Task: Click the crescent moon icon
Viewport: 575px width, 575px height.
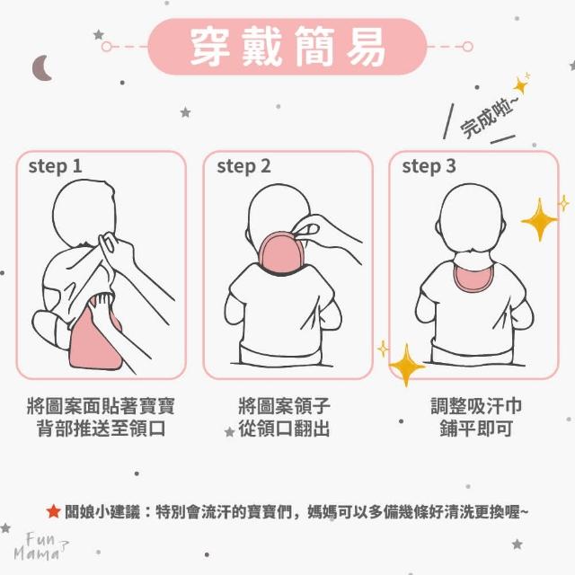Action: pyautogui.click(x=40, y=68)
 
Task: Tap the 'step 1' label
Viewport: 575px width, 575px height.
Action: pyautogui.click(x=55, y=166)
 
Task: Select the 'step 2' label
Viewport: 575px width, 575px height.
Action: pyautogui.click(x=243, y=166)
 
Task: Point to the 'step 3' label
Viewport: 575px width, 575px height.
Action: pyautogui.click(x=429, y=166)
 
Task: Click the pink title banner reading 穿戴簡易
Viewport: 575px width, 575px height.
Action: pyautogui.click(x=287, y=47)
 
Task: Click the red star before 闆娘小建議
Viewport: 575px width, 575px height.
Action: pyautogui.click(x=54, y=511)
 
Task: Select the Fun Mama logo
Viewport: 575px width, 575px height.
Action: pyautogui.click(x=40, y=546)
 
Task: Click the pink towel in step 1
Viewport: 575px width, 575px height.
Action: pyautogui.click(x=94, y=340)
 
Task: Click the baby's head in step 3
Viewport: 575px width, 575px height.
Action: pyautogui.click(x=471, y=218)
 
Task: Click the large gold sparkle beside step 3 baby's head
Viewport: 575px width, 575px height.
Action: pyautogui.click(x=539, y=220)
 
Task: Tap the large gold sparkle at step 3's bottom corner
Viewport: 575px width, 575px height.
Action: pyautogui.click(x=406, y=366)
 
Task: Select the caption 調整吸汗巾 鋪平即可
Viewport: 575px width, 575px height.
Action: pyautogui.click(x=476, y=417)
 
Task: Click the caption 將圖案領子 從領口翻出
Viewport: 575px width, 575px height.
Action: pyautogui.click(x=284, y=417)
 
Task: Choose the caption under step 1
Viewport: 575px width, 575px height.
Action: pyautogui.click(x=101, y=417)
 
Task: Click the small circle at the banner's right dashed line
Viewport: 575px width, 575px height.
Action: pyautogui.click(x=467, y=47)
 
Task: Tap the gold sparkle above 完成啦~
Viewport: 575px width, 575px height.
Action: pyautogui.click(x=521, y=85)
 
